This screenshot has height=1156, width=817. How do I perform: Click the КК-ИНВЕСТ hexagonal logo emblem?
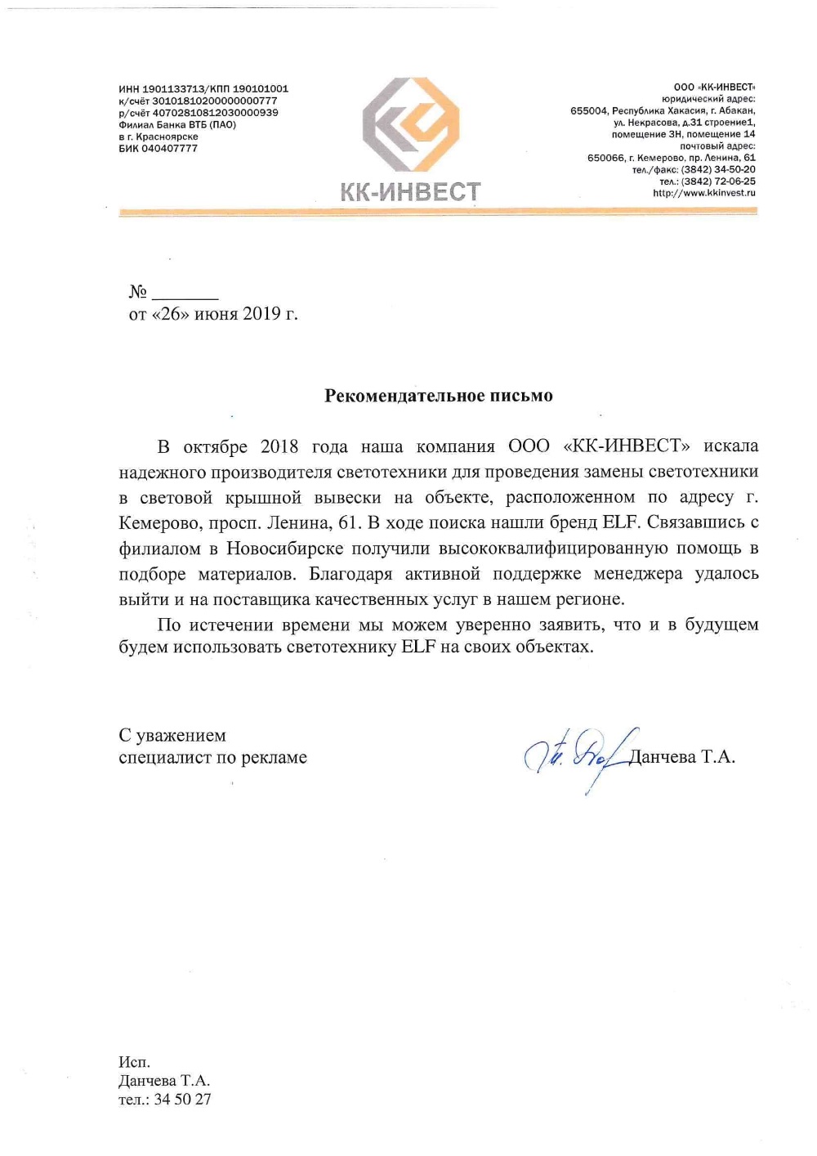click(411, 124)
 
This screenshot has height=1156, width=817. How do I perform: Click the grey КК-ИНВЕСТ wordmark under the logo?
click(410, 192)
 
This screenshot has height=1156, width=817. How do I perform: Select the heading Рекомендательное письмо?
click(439, 396)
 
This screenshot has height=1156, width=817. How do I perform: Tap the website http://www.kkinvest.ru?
click(703, 193)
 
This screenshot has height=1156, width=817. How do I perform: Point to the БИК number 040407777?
click(169, 149)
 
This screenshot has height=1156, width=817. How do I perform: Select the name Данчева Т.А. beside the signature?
click(682, 757)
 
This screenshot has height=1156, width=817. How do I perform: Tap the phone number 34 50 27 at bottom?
click(182, 1100)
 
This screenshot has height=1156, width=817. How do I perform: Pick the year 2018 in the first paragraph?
click(279, 446)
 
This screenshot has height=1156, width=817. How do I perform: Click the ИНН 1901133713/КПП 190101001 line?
click(203, 89)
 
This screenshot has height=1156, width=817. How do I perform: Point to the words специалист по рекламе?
click(212, 757)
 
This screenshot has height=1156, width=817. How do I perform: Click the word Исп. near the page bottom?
click(134, 1062)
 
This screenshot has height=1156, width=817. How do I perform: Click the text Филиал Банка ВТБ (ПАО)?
click(177, 125)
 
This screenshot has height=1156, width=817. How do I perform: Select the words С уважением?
click(172, 735)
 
